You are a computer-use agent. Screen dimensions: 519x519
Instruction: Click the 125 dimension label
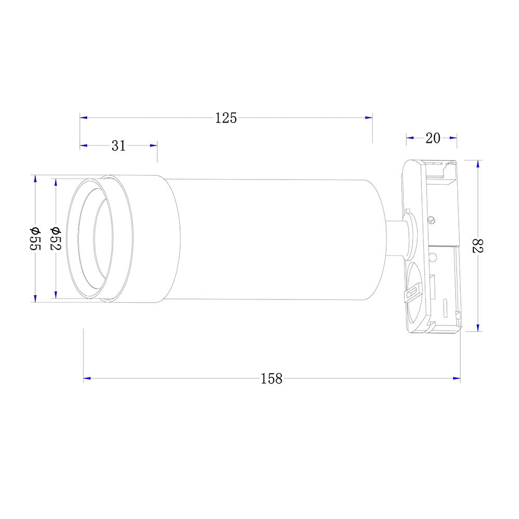point(226,118)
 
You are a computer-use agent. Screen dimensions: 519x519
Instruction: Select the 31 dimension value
point(118,146)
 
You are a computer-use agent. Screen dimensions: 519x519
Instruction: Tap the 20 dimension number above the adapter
point(432,138)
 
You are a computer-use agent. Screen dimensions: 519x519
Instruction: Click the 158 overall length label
point(271,379)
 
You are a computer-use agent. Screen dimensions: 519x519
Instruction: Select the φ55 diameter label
point(35,239)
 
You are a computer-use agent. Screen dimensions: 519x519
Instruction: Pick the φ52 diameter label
point(56,239)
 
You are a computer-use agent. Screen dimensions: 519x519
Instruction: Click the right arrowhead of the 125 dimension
point(369,118)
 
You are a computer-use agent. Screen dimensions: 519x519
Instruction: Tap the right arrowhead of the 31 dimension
point(154,146)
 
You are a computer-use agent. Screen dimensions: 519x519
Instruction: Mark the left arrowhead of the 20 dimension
point(409,138)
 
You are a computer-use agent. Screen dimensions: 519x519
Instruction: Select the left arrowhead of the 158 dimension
point(87,379)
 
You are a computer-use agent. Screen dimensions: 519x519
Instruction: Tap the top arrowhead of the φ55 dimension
point(35,179)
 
